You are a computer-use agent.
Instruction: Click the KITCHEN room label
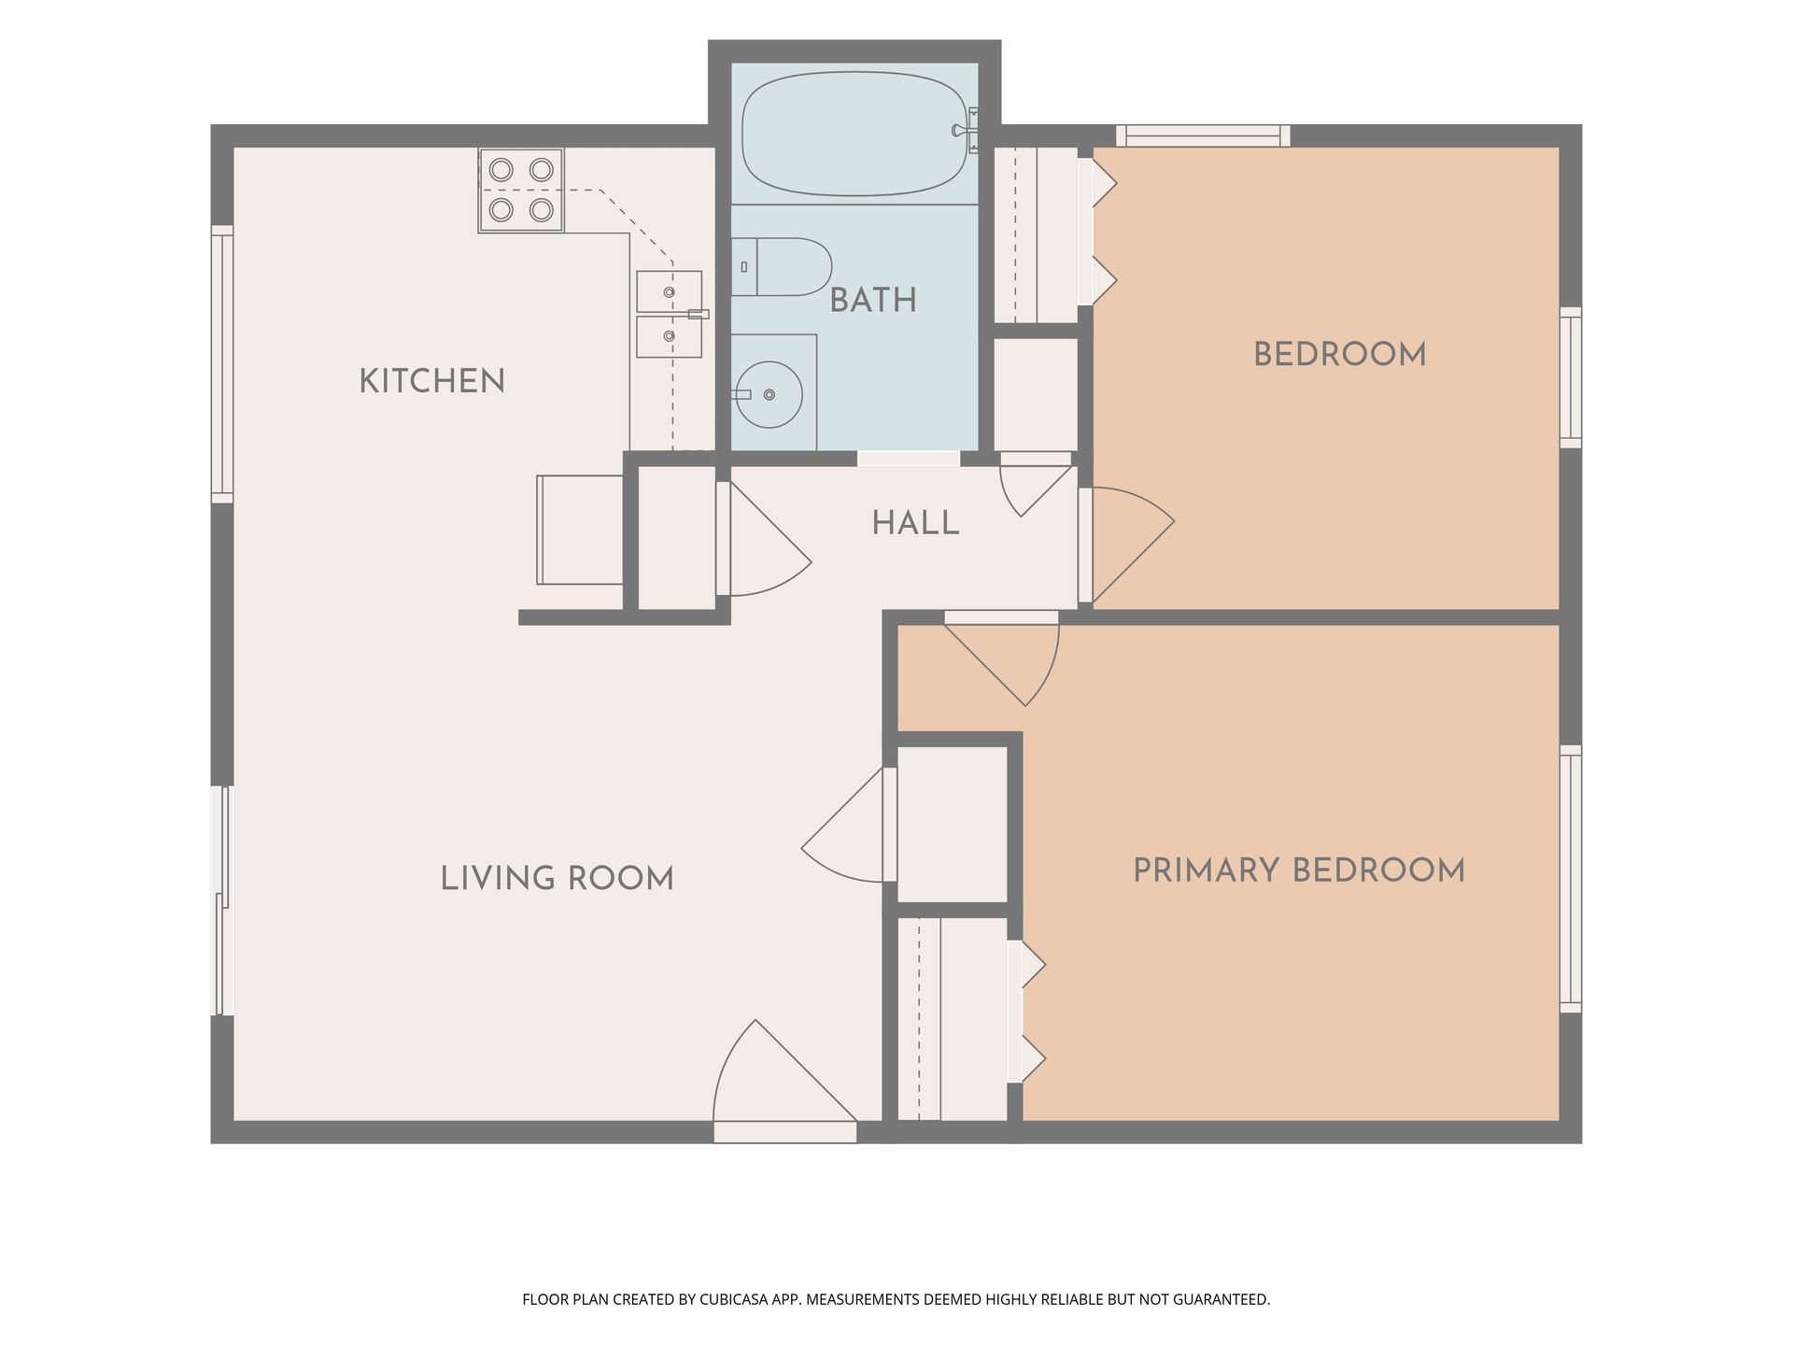(431, 381)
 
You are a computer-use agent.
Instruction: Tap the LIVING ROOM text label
(557, 879)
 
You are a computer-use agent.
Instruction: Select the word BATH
(873, 301)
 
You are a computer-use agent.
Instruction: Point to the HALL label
(915, 523)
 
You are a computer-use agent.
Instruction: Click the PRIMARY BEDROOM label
(1299, 871)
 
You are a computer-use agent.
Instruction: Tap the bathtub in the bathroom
(854, 134)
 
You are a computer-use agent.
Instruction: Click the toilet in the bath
(781, 266)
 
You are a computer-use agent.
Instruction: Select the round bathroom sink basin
(768, 395)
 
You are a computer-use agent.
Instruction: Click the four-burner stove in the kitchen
(521, 190)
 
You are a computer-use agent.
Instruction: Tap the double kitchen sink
(669, 314)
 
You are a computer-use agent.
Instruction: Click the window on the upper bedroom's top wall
(1204, 135)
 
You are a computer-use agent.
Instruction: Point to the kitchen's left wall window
(222, 363)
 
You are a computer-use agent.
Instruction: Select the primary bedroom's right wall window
(1571, 878)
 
